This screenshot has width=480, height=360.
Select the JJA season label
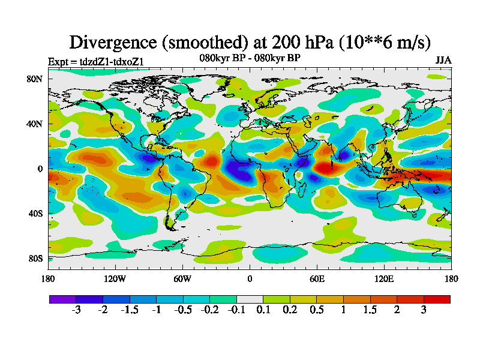coord(443,61)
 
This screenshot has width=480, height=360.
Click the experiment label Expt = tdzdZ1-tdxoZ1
coord(95,61)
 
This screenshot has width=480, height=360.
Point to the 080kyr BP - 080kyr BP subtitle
coord(250,58)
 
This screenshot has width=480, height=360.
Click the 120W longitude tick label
coord(115,279)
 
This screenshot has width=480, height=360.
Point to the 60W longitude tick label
coord(182,279)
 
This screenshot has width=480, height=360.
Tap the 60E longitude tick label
coord(317,279)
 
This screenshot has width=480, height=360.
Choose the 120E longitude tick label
coord(384,279)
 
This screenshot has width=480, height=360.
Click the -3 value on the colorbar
coord(76,310)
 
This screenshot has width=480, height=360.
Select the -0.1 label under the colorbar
coord(236,310)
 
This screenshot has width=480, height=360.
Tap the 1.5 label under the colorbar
coord(370,310)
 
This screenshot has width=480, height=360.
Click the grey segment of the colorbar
coord(250,298)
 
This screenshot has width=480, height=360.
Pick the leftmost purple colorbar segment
coord(62,298)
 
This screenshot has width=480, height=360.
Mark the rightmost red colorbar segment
coord(437,298)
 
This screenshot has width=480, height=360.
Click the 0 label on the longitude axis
coord(250,279)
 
